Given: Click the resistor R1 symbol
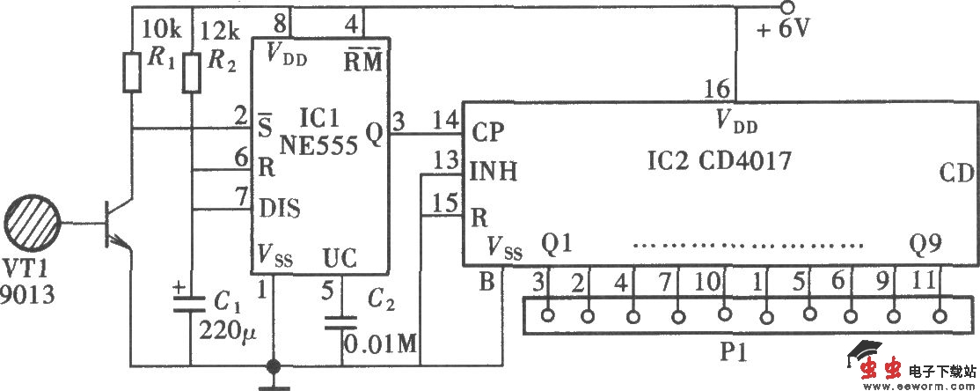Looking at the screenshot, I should (132, 71).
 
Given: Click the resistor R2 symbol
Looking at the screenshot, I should (192, 71).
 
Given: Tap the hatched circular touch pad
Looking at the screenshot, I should (34, 223).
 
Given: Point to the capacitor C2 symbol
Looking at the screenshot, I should (342, 321).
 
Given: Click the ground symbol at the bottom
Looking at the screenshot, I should (274, 379).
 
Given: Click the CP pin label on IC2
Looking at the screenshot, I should (488, 133).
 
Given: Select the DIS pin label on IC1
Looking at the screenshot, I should (280, 209).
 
